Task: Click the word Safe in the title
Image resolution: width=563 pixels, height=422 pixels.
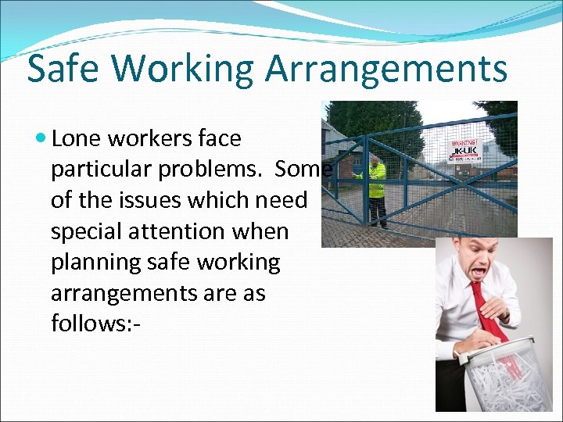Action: click(62, 69)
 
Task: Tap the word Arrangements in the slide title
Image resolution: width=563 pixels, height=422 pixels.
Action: click(386, 70)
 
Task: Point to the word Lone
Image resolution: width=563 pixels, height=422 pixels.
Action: click(80, 139)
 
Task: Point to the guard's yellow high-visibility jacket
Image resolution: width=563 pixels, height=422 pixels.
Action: click(377, 181)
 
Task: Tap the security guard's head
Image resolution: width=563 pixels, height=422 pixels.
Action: click(376, 162)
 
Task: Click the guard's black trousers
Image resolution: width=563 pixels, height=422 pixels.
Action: click(378, 211)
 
